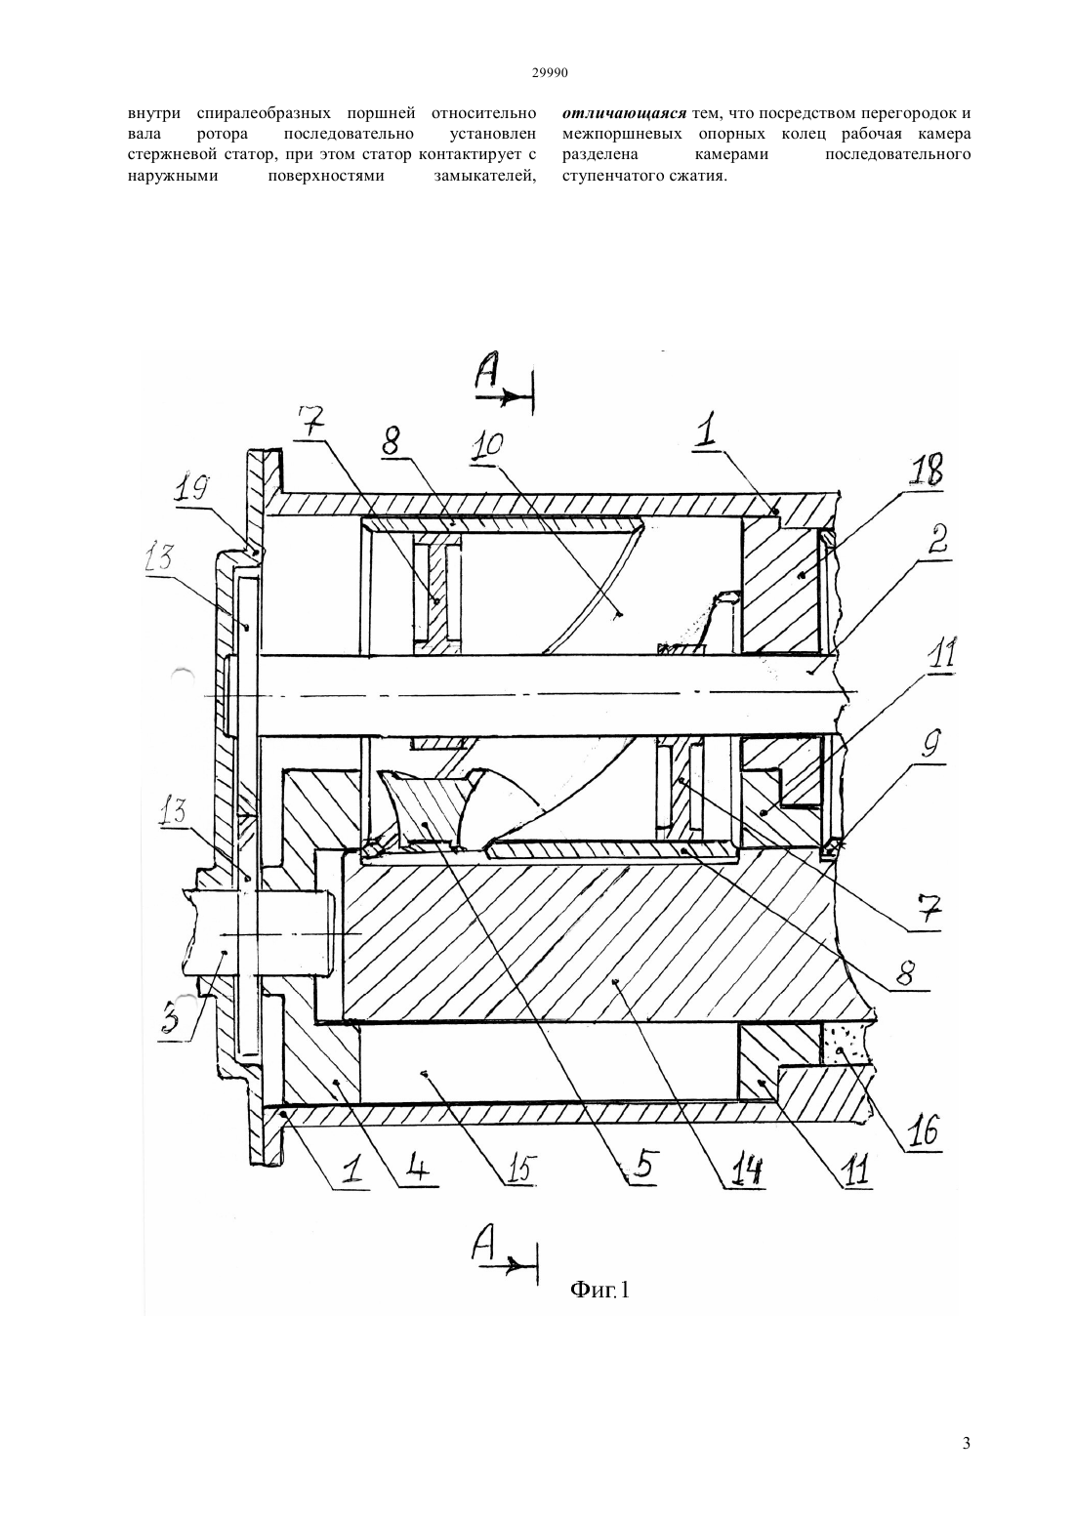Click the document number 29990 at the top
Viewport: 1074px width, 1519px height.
click(549, 73)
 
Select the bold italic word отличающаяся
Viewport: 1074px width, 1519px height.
click(625, 113)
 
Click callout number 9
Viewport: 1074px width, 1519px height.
click(931, 745)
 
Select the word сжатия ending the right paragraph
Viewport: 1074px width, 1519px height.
click(703, 177)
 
